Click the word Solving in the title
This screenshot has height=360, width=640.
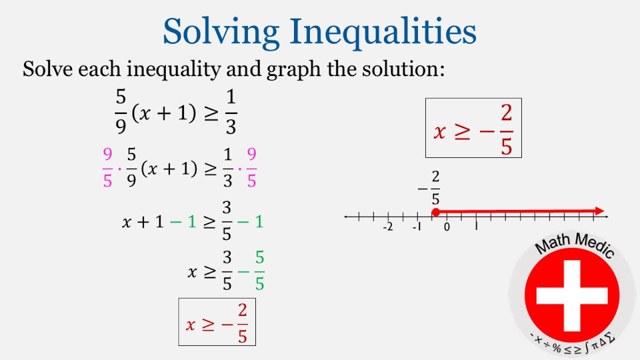[x=220, y=31]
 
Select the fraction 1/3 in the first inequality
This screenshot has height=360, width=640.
[x=230, y=112]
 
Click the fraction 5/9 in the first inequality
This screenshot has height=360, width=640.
[x=120, y=112]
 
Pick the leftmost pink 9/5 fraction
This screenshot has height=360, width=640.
[x=107, y=168]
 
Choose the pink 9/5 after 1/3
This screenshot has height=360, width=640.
[x=251, y=168]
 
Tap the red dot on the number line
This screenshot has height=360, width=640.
[x=435, y=211]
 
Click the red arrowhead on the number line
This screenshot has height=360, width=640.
[x=599, y=211]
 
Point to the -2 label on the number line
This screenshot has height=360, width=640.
[x=387, y=227]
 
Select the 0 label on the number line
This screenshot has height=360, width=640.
[x=447, y=227]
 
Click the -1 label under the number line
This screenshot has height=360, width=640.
[x=416, y=227]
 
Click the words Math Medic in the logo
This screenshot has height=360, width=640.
[x=574, y=244]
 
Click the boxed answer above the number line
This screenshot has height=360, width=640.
[x=473, y=128]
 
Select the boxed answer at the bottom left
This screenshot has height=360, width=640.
[x=217, y=322]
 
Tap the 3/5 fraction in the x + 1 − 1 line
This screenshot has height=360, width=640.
[x=227, y=221]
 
